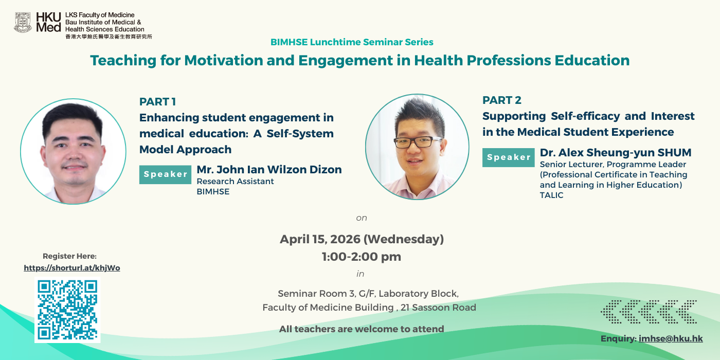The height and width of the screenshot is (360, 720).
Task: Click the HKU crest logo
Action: pyautogui.click(x=23, y=23)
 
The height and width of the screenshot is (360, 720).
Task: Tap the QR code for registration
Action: pyautogui.click(x=67, y=310)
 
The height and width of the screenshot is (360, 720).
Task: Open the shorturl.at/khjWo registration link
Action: pyautogui.click(x=72, y=268)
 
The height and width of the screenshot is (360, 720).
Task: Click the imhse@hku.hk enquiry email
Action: pyautogui.click(x=671, y=339)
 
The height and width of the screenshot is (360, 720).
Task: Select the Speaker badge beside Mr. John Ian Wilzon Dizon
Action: pyautogui.click(x=165, y=174)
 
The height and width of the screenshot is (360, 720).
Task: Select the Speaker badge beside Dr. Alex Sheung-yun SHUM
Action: pyautogui.click(x=509, y=157)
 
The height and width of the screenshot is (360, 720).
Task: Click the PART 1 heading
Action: pyautogui.click(x=157, y=102)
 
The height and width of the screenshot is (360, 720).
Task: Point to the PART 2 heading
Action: pyautogui.click(x=502, y=100)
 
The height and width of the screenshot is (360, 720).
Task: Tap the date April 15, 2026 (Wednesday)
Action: pyautogui.click(x=362, y=239)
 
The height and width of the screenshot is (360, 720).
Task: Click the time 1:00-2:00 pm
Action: pyautogui.click(x=361, y=257)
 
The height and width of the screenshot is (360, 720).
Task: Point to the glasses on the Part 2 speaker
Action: pyautogui.click(x=418, y=142)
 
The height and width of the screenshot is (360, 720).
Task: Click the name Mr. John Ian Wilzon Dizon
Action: pyautogui.click(x=269, y=169)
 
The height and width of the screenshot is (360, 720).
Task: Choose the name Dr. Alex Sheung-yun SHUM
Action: pyautogui.click(x=616, y=153)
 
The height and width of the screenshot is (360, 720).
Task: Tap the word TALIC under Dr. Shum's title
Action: pyautogui.click(x=551, y=195)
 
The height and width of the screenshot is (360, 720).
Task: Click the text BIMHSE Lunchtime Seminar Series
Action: pyautogui.click(x=352, y=42)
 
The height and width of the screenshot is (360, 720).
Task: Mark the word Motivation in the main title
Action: pyautogui.click(x=224, y=61)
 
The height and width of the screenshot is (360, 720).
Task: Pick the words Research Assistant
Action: pyautogui.click(x=236, y=181)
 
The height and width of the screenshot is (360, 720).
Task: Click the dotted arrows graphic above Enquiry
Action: pyautogui.click(x=649, y=312)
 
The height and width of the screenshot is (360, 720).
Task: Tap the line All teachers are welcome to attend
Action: pyautogui.click(x=362, y=329)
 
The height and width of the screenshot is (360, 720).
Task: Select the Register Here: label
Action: pyautogui.click(x=70, y=256)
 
